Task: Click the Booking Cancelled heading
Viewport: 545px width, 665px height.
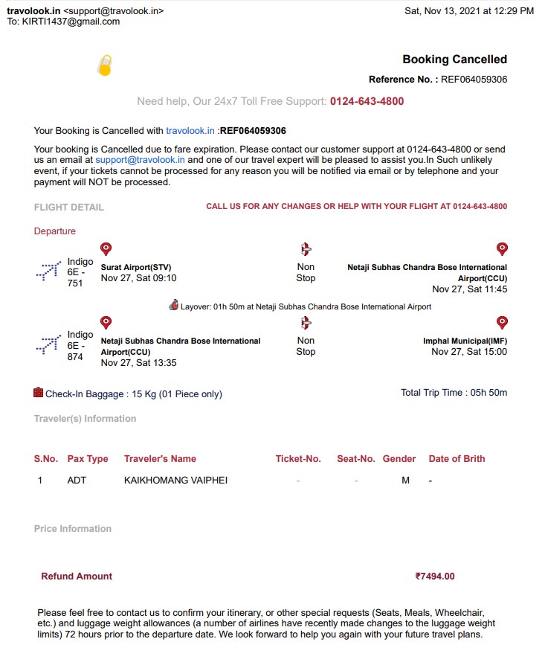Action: [x=454, y=60]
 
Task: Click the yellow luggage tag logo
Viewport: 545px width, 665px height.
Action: [x=105, y=66]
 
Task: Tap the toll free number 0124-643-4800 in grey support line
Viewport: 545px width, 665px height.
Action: [x=367, y=101]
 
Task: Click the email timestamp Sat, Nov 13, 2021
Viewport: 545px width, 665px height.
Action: [x=469, y=11]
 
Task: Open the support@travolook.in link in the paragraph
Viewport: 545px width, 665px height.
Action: [x=140, y=160]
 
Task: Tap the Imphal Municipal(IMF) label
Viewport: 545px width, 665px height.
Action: [x=465, y=341]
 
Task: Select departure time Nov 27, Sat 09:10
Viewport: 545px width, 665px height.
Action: [x=138, y=278]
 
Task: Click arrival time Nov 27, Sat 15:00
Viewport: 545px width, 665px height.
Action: [x=469, y=352]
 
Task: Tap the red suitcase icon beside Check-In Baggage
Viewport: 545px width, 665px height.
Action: [x=39, y=392]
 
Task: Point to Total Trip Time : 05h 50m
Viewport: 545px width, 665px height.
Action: [x=454, y=393]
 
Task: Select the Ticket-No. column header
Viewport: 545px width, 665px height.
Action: [x=298, y=459]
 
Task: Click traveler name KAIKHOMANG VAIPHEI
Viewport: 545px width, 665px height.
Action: [x=175, y=481]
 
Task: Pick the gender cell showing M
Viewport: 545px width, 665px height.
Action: [x=405, y=481]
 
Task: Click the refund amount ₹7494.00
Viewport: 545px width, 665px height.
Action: [x=435, y=576]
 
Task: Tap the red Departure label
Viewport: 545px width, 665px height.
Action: [x=54, y=231]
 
